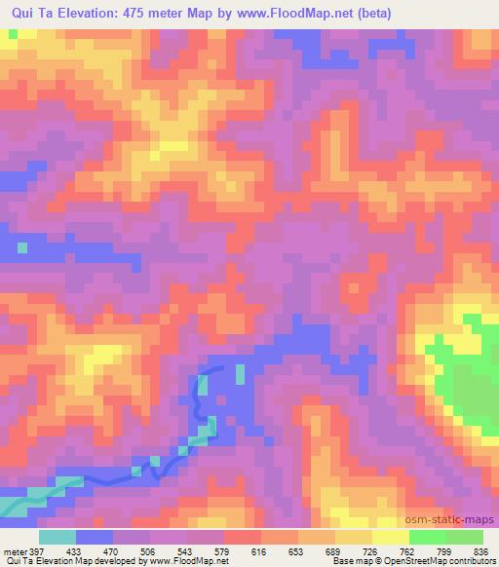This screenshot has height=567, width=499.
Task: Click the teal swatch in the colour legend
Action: pos(58,538)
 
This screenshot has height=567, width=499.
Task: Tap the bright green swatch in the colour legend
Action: pos(428,538)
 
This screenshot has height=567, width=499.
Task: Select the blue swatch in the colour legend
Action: pos(95,538)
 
